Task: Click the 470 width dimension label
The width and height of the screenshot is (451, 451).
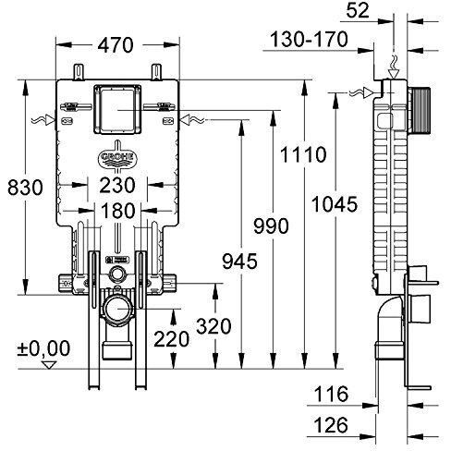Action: pyautogui.click(x=116, y=45)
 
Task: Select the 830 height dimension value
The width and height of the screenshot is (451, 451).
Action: pyautogui.click(x=25, y=188)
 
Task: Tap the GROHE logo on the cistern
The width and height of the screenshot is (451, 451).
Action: pyautogui.click(x=117, y=157)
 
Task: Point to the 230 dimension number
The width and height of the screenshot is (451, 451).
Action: pyautogui.click(x=117, y=185)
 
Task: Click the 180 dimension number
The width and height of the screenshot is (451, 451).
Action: pyautogui.click(x=118, y=211)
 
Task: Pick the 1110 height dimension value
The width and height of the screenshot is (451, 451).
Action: pyautogui.click(x=303, y=154)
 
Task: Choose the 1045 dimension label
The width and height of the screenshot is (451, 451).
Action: pyautogui.click(x=335, y=204)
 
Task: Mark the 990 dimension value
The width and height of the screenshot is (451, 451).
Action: pyautogui.click(x=271, y=225)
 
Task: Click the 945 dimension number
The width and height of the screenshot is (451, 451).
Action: pyautogui.click(x=239, y=262)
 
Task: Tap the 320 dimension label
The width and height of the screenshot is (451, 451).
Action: pyautogui.click(x=213, y=326)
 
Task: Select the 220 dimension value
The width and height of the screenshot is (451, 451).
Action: pyautogui.click(x=172, y=339)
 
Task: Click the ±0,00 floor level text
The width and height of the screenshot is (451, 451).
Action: pyautogui.click(x=43, y=348)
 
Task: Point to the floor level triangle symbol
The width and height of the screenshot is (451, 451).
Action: pyautogui.click(x=49, y=365)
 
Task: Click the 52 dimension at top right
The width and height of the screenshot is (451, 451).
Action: pyautogui.click(x=358, y=10)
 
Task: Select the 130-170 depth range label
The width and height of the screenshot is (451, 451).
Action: pyautogui.click(x=309, y=40)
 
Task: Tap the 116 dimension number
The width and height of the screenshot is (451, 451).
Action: pyautogui.click(x=331, y=394)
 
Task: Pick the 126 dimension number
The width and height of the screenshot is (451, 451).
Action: pyautogui.click(x=331, y=425)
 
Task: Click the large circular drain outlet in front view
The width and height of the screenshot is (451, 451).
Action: pyautogui.click(x=118, y=309)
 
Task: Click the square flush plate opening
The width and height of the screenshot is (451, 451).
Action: pyautogui.click(x=117, y=110)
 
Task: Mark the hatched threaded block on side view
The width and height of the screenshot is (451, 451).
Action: pyautogui.click(x=421, y=110)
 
